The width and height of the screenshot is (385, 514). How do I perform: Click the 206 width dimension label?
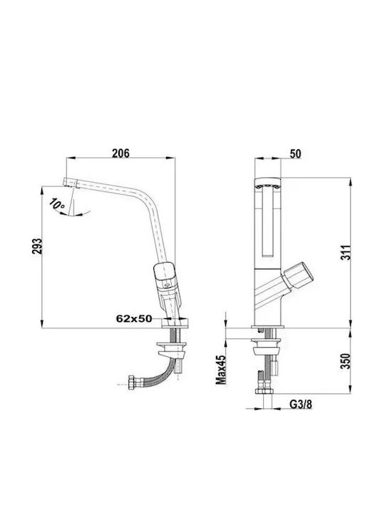(x=120, y=153)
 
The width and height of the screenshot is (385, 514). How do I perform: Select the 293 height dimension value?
(x=37, y=246)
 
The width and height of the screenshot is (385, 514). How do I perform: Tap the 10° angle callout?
(x=57, y=205)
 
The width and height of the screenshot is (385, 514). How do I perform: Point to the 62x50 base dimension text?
(x=134, y=318)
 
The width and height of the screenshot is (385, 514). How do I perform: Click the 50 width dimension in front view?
(x=295, y=153)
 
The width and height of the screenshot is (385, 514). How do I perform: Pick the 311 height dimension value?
(x=346, y=253)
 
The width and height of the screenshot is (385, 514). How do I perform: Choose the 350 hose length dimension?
(x=345, y=361)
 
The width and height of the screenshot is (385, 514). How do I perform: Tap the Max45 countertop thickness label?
(x=221, y=370)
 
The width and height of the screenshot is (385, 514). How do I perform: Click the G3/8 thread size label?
(x=301, y=405)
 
